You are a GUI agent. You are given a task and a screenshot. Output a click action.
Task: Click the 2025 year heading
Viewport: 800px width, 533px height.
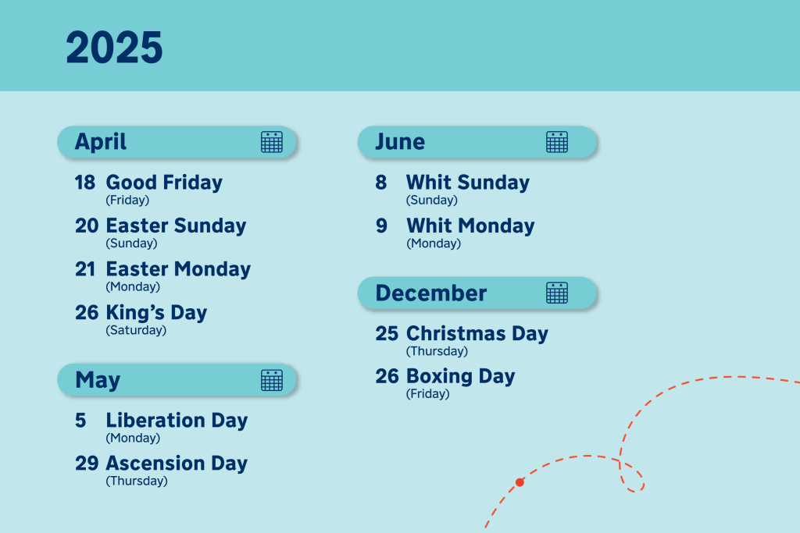coord(114,48)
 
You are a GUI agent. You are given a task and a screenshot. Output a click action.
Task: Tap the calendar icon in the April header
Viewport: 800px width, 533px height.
coord(271,142)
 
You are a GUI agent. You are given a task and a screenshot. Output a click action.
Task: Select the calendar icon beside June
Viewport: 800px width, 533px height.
coord(556,142)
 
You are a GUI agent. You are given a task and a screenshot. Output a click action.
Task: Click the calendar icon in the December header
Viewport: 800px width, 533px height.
coord(556,293)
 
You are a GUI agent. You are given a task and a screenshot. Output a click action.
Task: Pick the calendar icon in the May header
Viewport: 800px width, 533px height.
coord(271,379)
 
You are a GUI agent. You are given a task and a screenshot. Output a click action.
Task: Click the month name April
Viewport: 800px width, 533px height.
coord(101,142)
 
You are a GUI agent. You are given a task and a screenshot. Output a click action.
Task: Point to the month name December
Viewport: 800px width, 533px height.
coord(431,293)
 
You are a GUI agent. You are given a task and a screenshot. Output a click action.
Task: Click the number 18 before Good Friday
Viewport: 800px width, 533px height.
coord(84,183)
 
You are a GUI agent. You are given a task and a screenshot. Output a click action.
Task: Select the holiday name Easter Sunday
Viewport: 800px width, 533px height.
coord(176,226)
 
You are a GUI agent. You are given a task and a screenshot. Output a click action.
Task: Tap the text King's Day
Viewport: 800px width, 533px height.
coord(156,312)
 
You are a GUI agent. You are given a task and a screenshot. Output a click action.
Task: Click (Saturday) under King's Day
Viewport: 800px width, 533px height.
coord(136,330)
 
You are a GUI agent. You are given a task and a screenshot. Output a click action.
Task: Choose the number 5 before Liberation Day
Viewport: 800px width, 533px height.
coord(80,421)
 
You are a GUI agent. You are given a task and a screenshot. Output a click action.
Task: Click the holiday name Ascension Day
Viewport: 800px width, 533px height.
coord(177,464)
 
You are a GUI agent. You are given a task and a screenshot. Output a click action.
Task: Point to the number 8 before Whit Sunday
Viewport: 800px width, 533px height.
coord(381,183)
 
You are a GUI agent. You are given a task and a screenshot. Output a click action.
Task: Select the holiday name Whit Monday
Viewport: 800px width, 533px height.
coord(470,226)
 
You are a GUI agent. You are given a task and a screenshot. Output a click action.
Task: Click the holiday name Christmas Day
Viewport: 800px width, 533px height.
coord(477,333)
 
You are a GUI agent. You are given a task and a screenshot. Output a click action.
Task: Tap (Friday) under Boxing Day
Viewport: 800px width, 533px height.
coord(427,394)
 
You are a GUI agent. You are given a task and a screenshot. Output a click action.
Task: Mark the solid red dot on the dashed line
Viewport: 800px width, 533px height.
coord(520,482)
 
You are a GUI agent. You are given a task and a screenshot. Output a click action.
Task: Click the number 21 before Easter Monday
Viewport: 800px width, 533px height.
coord(84,269)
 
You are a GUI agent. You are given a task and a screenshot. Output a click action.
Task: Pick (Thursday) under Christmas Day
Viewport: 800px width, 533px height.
coord(437,351)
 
